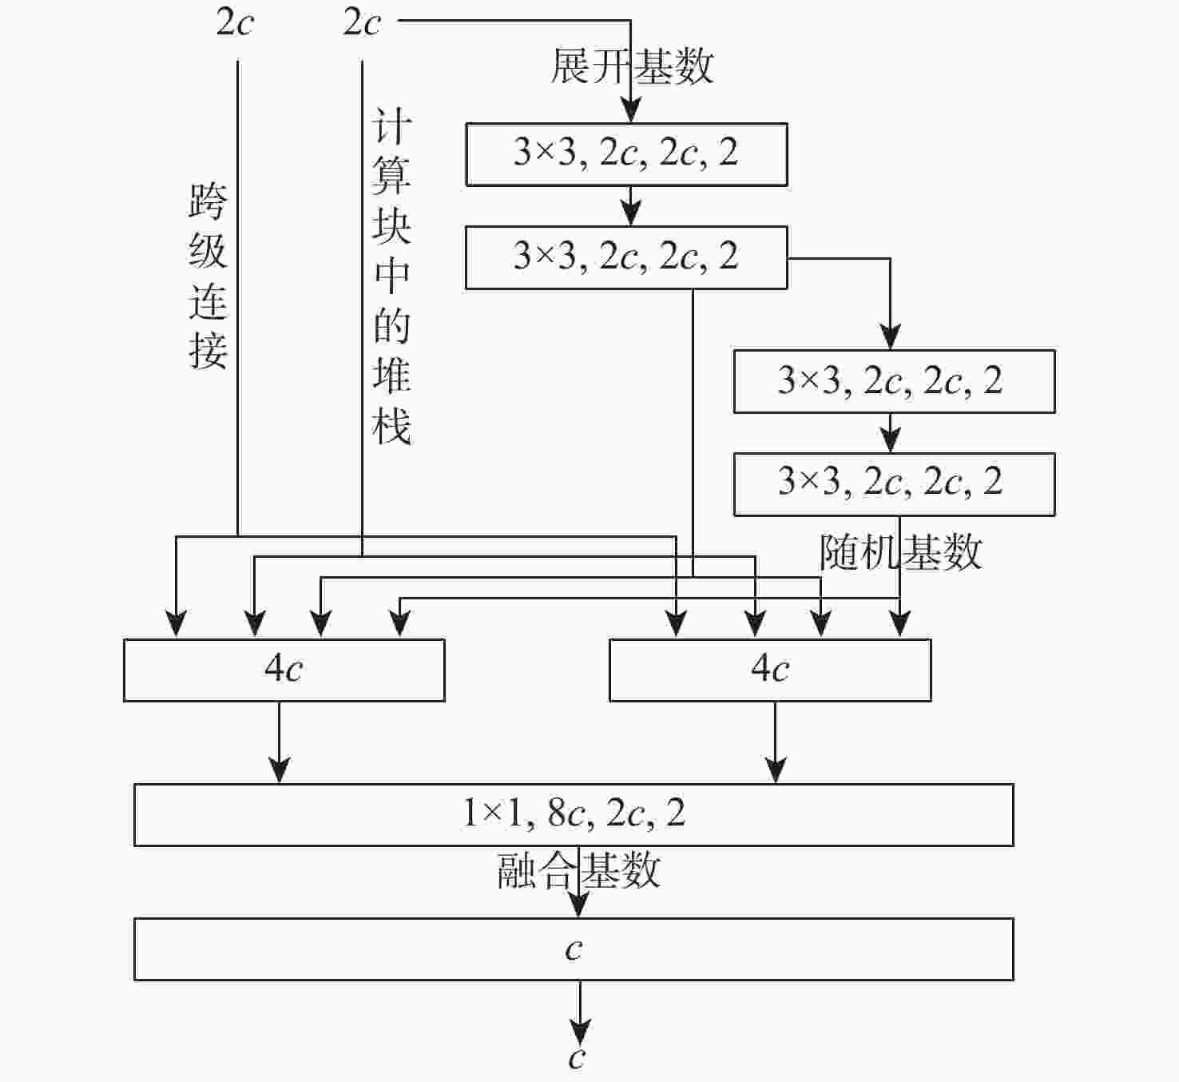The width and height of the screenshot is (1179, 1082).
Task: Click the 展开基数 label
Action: click(631, 66)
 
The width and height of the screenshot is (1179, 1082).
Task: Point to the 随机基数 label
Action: click(900, 552)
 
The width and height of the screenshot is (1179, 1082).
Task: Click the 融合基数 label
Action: click(578, 870)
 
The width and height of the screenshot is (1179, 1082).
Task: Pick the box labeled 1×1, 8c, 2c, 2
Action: click(574, 814)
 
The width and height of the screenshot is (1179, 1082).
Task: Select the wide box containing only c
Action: click(574, 949)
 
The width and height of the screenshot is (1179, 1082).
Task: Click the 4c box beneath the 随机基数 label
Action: click(770, 670)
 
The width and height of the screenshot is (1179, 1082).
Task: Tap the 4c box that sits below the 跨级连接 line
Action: click(284, 670)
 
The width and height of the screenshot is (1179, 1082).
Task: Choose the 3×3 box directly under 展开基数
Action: click(626, 154)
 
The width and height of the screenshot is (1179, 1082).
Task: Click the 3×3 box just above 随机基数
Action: click(894, 484)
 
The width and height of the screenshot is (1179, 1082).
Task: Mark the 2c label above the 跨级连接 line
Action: click(234, 22)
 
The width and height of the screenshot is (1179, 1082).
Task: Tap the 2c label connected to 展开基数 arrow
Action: click(362, 22)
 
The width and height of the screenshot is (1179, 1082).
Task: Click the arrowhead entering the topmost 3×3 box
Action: click(631, 112)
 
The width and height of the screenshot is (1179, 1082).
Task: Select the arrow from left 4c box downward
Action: click(280, 743)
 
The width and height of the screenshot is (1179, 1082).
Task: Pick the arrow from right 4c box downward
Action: click(776, 743)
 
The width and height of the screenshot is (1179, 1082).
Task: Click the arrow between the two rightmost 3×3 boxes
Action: click(891, 434)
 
